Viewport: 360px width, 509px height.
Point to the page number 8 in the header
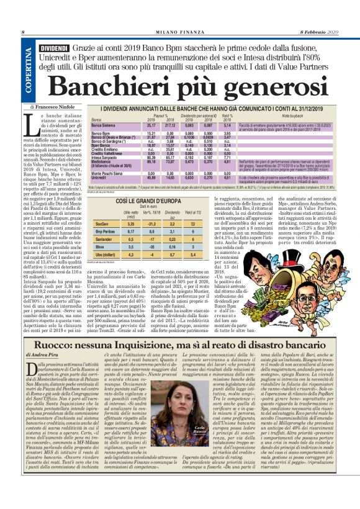tap(23, 32)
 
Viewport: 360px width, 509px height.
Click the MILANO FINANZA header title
tap(179, 32)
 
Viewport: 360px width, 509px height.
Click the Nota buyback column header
tap(292, 116)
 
